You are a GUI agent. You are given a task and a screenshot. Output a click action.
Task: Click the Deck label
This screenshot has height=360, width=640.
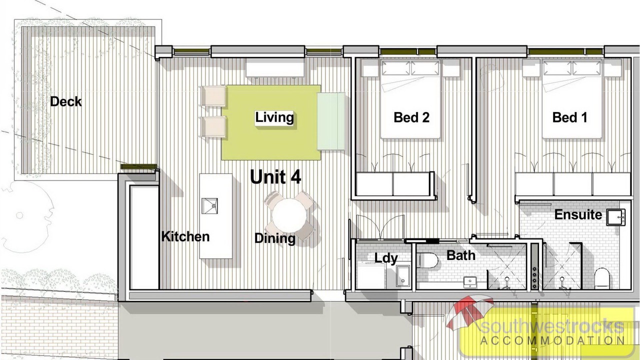coord(65,101)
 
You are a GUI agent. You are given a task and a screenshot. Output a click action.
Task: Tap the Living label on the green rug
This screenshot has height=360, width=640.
coord(274,117)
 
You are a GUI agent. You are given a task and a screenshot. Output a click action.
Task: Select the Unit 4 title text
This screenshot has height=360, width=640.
coord(275,177)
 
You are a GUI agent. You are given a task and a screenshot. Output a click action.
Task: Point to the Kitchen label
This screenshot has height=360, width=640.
coord(185,236)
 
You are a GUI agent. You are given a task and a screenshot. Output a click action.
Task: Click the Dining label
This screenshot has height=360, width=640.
coord(275,238)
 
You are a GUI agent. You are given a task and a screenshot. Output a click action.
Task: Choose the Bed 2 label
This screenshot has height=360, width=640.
coord(411,117)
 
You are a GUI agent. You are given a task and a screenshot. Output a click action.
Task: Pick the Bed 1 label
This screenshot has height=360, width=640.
coord(569,117)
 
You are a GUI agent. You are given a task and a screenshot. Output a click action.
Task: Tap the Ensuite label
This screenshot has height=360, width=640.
coord(578,214)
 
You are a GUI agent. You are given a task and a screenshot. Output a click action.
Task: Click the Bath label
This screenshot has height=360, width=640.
coord(461,255)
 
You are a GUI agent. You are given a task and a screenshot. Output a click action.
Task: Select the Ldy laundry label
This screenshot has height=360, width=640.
coord(386,258)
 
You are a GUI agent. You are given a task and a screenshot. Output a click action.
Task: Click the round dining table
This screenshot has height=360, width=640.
coord(289,216)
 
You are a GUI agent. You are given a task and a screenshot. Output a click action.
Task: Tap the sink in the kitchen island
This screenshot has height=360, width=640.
coord(209,205)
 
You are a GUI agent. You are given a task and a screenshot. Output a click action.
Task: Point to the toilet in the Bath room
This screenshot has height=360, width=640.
coord(427,260)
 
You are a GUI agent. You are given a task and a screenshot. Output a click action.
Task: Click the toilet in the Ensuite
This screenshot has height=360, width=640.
coord(602,278)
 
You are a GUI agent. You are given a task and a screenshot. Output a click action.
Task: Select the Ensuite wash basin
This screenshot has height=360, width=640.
coord(616,217)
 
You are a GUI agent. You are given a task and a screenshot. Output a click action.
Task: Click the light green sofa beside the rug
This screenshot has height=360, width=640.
coord(331,121)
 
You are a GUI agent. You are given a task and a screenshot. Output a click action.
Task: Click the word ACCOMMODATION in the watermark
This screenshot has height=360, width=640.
coord(552,340)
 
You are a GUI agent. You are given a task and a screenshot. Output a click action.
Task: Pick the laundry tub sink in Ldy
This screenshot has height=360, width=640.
coord(403,275)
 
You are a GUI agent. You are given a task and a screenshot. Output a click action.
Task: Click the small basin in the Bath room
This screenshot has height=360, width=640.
coord(469,282)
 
